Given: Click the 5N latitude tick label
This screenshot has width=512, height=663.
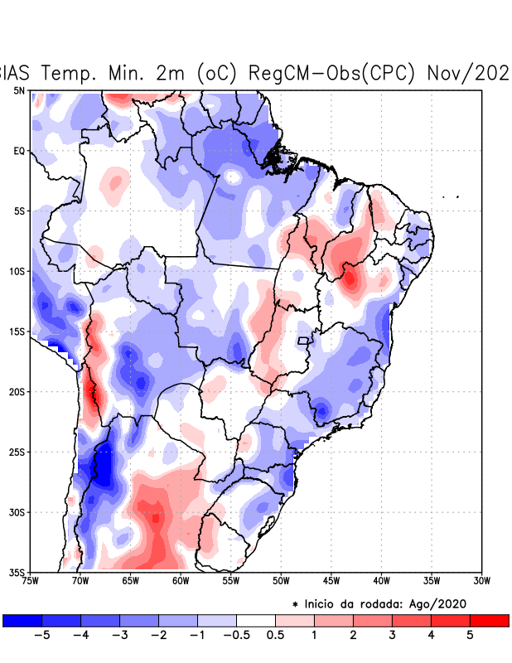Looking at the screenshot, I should [20, 90].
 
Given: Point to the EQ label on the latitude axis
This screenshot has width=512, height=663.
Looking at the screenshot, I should [20, 151].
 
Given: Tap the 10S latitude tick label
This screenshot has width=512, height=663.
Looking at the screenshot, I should [17, 271].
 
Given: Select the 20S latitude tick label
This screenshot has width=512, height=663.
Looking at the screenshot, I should [17, 392].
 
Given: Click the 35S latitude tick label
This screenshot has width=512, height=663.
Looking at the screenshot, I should [17, 572].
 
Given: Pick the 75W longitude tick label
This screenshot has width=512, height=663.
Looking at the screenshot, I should [31, 581].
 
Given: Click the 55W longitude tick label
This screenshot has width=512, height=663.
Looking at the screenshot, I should [231, 581].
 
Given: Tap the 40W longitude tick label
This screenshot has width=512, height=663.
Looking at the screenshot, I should [382, 581].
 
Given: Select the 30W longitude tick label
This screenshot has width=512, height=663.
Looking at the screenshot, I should [482, 581].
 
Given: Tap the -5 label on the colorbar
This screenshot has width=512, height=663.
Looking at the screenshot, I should [37, 635].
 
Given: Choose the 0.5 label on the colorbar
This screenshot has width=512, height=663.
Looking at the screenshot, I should [276, 635].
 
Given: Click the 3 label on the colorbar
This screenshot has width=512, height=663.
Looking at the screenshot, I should [392, 635].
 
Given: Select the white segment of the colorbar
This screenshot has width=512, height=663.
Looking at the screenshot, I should [256, 620].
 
